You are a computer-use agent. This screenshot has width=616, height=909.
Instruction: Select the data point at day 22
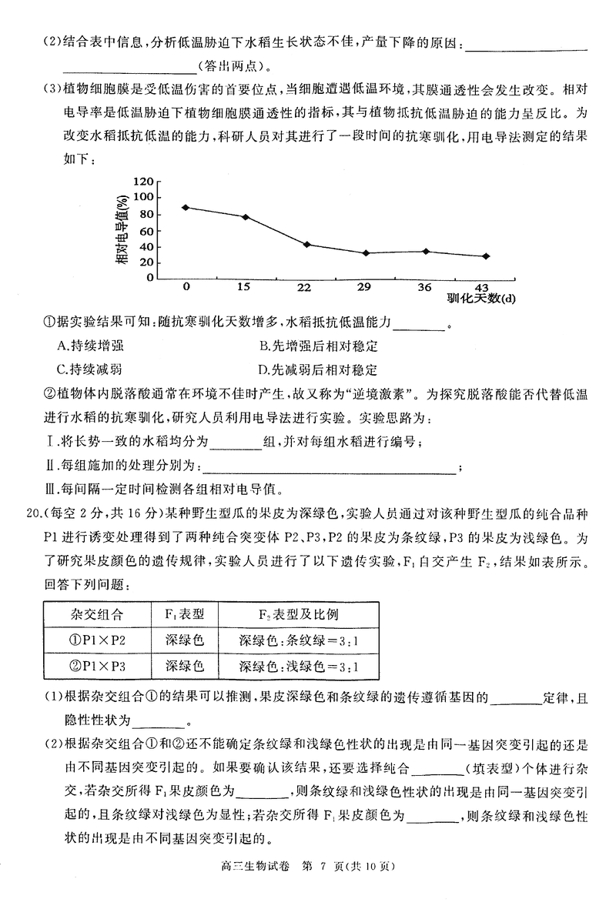[306, 244]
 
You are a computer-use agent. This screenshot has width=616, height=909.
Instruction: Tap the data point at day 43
[486, 256]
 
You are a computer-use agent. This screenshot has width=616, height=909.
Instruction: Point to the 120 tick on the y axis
[144, 182]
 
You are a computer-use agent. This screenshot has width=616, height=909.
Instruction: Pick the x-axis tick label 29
[364, 286]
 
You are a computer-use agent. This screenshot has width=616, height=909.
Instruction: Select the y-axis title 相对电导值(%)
[122, 231]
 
